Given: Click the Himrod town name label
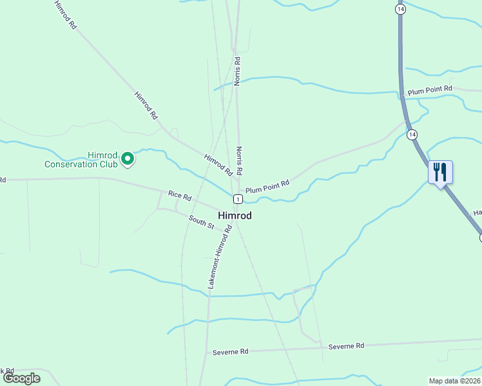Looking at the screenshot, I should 235,216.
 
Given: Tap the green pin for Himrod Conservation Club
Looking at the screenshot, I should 128,158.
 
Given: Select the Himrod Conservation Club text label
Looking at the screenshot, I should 81,160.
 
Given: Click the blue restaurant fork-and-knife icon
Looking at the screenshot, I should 440,172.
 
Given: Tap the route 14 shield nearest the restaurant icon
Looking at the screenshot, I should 412,134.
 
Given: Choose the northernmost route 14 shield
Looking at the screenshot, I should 401,10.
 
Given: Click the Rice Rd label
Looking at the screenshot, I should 180,194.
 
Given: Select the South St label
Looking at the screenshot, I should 201,223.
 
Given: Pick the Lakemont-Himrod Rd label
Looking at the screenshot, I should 220,256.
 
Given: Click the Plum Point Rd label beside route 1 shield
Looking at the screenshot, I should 267,187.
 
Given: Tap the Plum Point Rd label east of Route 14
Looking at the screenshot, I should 430,91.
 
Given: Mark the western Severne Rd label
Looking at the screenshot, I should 230,352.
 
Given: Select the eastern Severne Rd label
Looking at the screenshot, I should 346,346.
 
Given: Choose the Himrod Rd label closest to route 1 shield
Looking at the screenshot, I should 218,165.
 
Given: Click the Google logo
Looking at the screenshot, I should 21,378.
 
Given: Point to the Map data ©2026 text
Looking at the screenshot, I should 454,381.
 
